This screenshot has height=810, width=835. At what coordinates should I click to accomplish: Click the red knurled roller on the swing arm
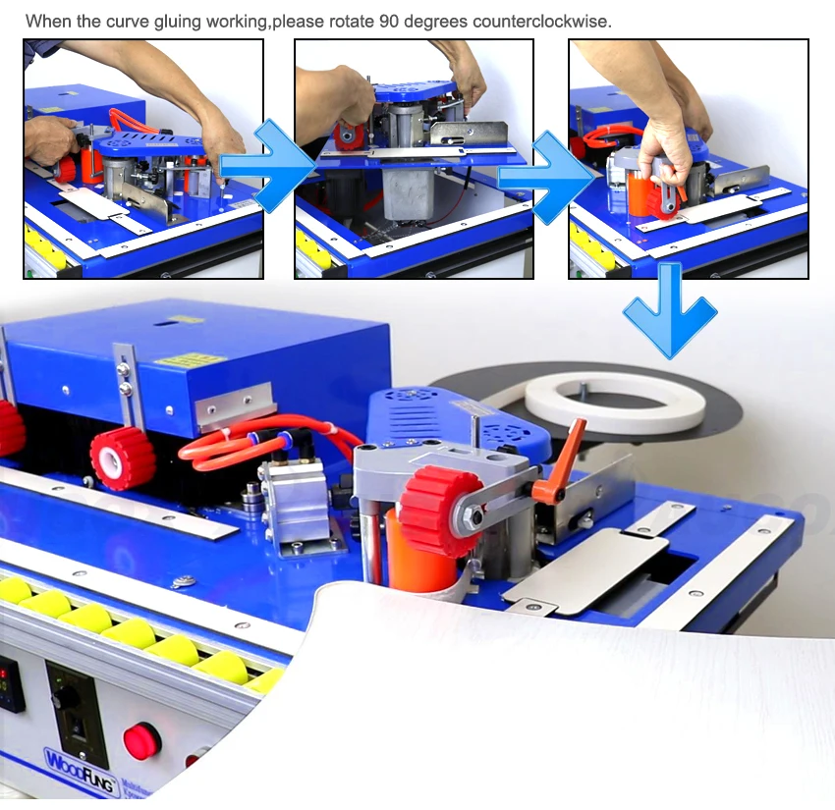[441, 512]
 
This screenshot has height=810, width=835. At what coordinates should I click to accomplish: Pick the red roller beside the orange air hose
[123, 457]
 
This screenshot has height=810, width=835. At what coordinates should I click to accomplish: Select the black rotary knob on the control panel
[66, 695]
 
